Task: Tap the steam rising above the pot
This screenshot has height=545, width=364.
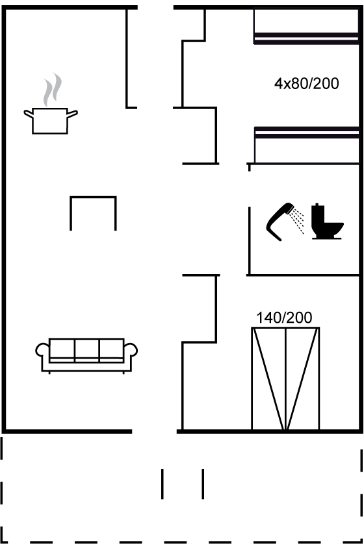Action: (52, 90)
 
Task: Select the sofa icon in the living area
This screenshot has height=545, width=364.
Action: (86, 355)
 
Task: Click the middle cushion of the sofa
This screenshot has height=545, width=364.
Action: (86, 349)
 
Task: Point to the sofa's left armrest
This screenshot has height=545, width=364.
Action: (42, 351)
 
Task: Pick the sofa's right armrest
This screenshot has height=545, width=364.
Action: (131, 351)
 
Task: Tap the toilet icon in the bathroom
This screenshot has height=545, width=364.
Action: (327, 222)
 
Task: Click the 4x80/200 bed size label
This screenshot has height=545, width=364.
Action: (306, 84)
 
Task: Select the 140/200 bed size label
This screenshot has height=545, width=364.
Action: (284, 318)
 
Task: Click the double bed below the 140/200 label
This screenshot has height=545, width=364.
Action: (285, 379)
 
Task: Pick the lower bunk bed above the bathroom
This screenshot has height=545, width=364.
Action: (307, 145)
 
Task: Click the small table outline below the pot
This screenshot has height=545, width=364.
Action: (93, 197)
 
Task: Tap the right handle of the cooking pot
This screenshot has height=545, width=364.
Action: (72, 114)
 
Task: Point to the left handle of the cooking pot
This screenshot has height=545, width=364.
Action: (29, 114)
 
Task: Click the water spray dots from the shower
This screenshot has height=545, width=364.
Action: (298, 220)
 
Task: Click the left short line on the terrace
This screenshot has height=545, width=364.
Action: (162, 484)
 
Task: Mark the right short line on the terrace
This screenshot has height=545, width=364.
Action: (203, 484)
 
